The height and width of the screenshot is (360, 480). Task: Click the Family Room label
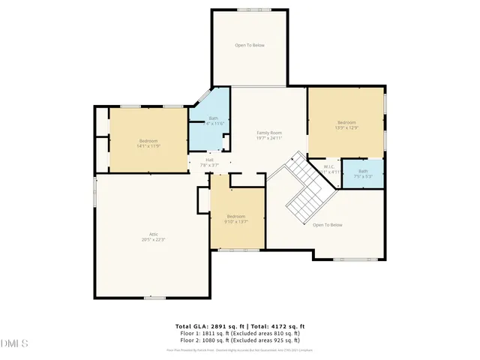click(x=269, y=132)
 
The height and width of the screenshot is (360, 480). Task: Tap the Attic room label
click(x=153, y=234)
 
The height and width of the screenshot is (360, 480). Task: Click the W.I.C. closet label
click(x=329, y=166)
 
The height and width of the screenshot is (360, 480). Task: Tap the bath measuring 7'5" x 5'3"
click(x=363, y=173)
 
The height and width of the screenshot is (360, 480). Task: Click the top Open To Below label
click(x=249, y=46)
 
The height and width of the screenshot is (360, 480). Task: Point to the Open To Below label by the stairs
click(x=328, y=225)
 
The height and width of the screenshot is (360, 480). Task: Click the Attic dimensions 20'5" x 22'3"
click(x=153, y=239)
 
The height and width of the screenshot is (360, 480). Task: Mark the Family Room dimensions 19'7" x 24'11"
click(x=269, y=138)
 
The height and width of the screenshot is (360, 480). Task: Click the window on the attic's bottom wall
click(x=154, y=298)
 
